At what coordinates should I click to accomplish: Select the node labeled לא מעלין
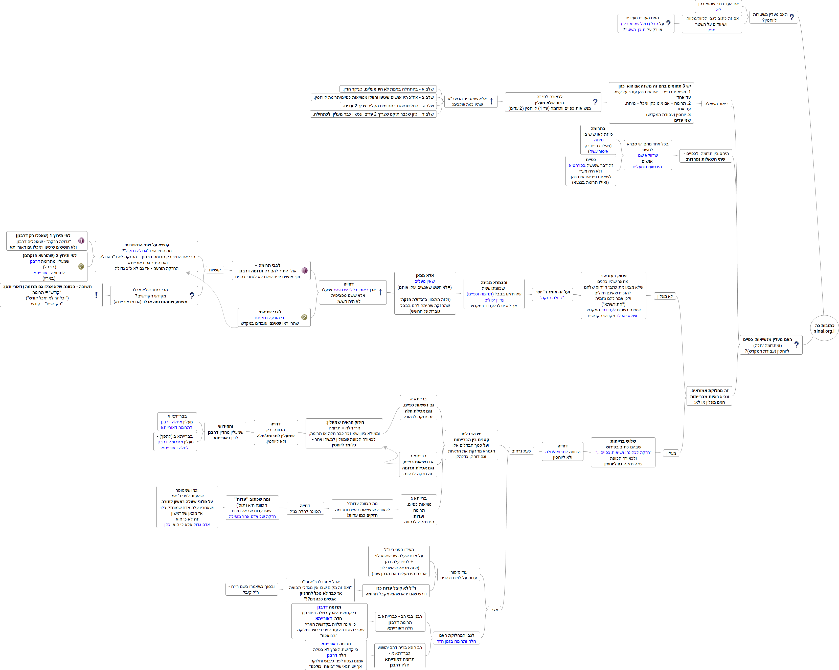[665, 296]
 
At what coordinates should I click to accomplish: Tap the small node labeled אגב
[494, 610]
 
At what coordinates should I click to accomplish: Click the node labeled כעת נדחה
[521, 451]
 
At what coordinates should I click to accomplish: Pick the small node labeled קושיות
[214, 270]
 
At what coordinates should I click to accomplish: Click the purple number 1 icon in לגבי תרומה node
[304, 271]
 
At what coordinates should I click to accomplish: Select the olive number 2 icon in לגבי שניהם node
[304, 317]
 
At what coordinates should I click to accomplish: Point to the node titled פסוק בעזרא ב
[613, 295]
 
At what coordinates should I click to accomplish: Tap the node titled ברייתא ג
[419, 510]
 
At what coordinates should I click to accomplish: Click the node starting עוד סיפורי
[458, 575]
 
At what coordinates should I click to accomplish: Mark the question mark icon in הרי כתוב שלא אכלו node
[192, 295]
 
